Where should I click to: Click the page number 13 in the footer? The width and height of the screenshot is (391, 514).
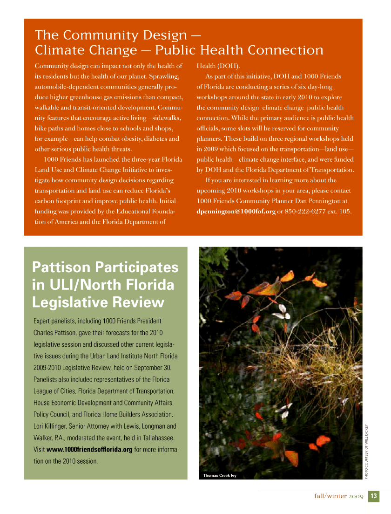pyautogui.click(x=374, y=496)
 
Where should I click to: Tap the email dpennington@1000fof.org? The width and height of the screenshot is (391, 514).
pyautogui.click(x=236, y=212)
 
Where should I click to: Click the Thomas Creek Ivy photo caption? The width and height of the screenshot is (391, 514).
pyautogui.click(x=220, y=475)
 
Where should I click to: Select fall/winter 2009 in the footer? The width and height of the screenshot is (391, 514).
pyautogui.click(x=339, y=496)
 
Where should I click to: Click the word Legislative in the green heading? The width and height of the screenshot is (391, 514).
pyautogui.click(x=67, y=302)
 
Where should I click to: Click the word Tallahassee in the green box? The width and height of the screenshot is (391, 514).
pyautogui.click(x=158, y=438)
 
